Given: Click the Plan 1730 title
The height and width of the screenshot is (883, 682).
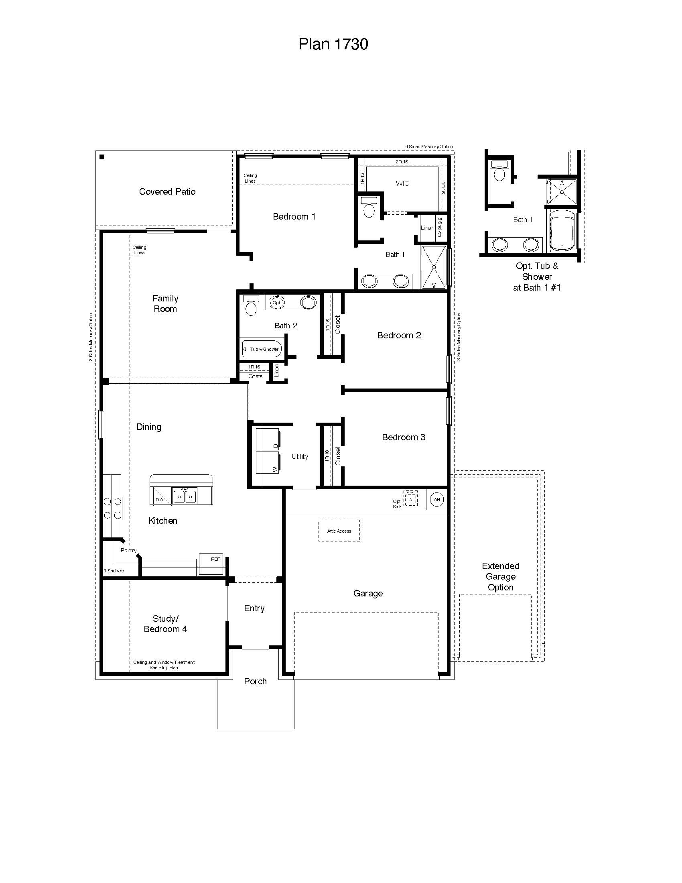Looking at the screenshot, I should (x=333, y=44).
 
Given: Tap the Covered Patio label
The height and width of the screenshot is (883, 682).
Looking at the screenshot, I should (x=167, y=191).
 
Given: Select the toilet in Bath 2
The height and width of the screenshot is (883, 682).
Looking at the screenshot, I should (x=251, y=307).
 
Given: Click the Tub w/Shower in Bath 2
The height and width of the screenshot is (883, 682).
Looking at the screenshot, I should (x=261, y=349).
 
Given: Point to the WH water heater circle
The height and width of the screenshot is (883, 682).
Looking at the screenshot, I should (x=436, y=500).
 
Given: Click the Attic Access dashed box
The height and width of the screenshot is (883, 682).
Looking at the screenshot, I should (x=339, y=531).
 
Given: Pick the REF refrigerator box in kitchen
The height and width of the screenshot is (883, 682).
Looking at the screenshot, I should (x=211, y=564).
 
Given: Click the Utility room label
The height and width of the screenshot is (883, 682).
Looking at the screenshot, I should (x=300, y=456).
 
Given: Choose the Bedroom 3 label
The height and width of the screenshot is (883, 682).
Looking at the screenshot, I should (x=403, y=437).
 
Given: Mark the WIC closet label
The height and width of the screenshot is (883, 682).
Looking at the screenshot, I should (x=402, y=183).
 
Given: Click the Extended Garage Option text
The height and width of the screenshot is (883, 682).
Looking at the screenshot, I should (x=500, y=576).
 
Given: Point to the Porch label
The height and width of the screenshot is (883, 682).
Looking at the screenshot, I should (x=255, y=681).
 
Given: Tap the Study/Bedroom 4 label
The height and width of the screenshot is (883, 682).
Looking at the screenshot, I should (x=165, y=623).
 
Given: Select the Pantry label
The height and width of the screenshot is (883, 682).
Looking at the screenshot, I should (x=128, y=550).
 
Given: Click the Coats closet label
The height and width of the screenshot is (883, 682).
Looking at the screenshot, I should (x=255, y=376).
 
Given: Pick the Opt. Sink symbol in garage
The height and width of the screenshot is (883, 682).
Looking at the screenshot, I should (x=410, y=499).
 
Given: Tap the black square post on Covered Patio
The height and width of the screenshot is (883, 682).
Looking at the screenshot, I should (x=102, y=157).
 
